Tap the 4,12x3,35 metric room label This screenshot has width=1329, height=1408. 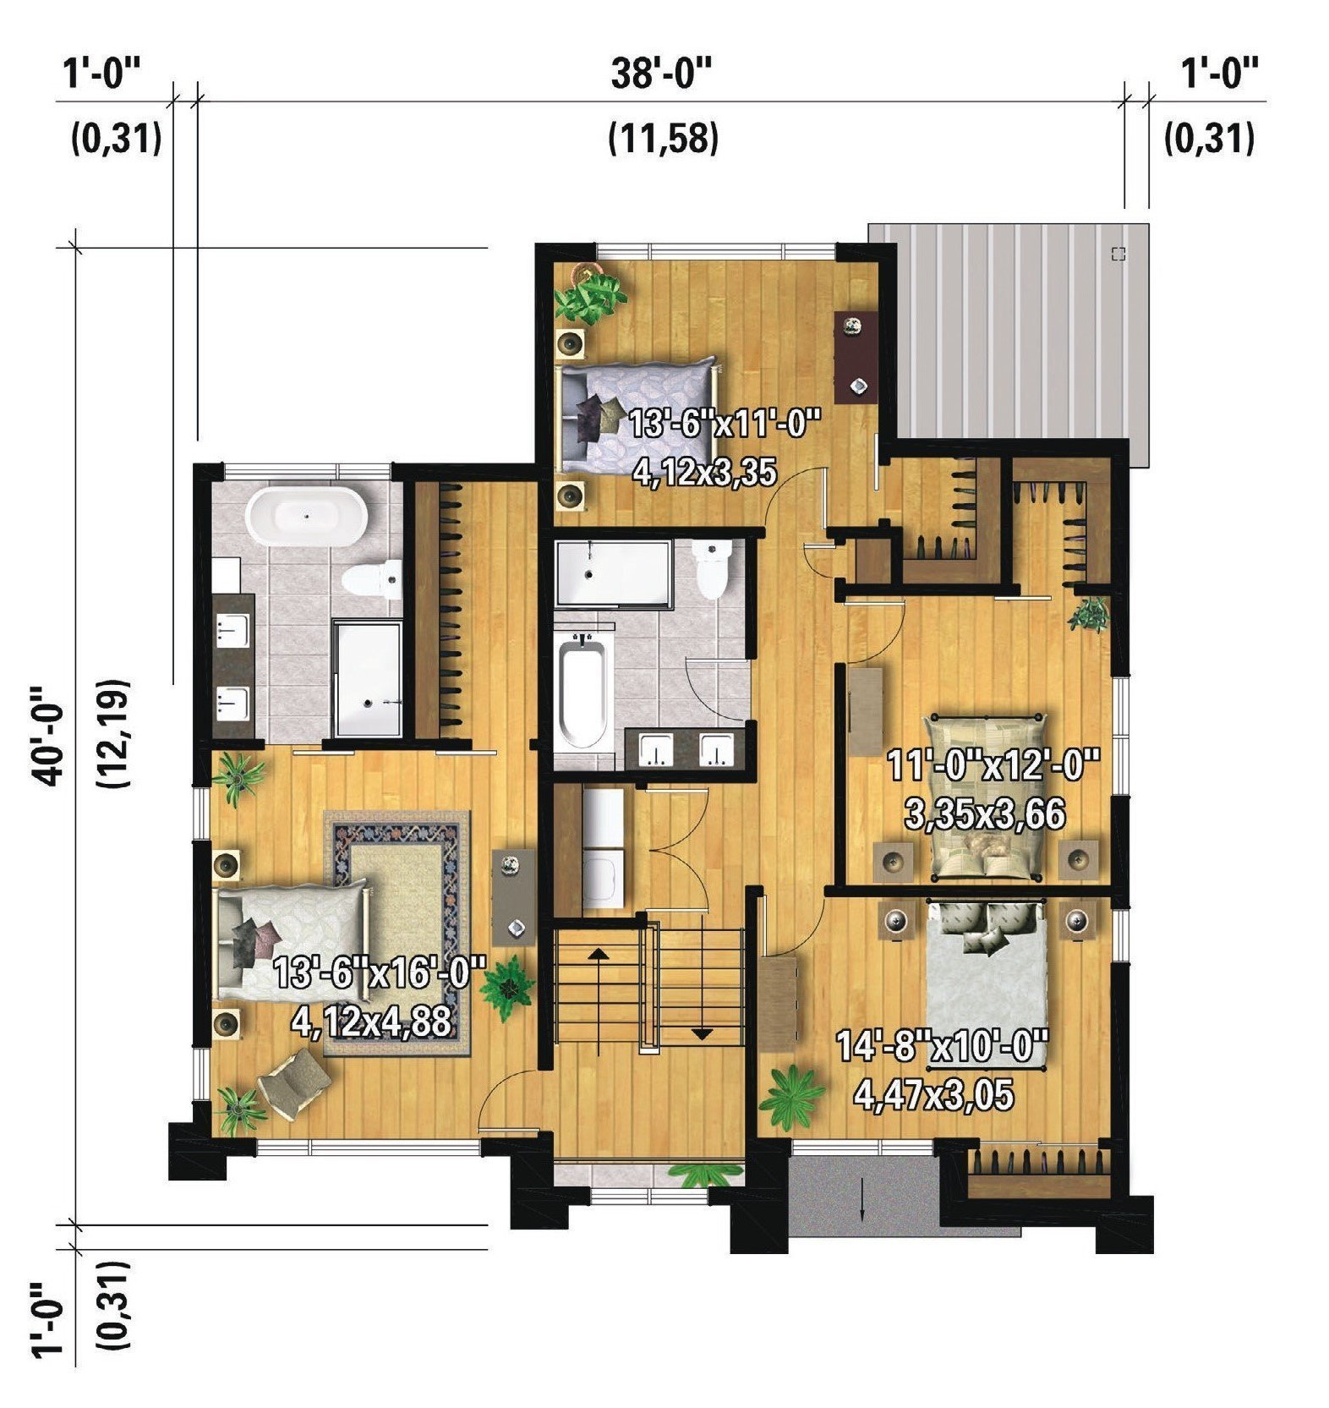pyautogui.click(x=704, y=472)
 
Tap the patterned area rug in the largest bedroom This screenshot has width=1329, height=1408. pyautogui.click(x=396, y=934)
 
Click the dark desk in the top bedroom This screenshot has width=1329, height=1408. pyautogui.click(x=855, y=356)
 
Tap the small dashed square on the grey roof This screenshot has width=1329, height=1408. pyautogui.click(x=1118, y=253)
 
